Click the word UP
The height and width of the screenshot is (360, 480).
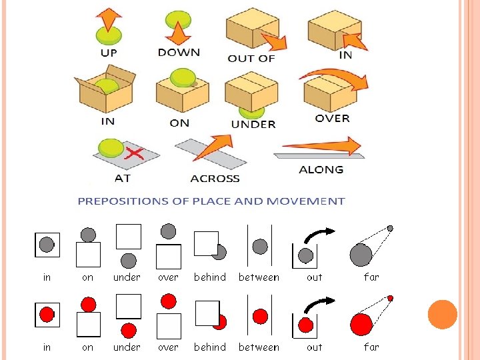pyautogui.click(x=109, y=52)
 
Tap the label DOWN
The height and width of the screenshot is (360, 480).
pyautogui.click(x=178, y=52)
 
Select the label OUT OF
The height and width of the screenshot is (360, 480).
pyautogui.click(x=251, y=58)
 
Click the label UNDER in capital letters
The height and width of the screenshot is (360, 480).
pyautogui.click(x=253, y=124)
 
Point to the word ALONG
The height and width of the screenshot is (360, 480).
pyautogui.click(x=321, y=169)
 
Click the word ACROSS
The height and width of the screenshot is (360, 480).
pyautogui.click(x=215, y=179)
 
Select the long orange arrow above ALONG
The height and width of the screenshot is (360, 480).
pyautogui.click(x=321, y=146)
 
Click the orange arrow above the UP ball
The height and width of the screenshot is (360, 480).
pyautogui.click(x=109, y=19)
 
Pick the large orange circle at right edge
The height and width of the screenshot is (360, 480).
pyautogui.click(x=442, y=315)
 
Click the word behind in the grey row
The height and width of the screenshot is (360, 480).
pyautogui.click(x=210, y=277)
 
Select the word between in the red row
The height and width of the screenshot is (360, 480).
pyautogui.click(x=259, y=347)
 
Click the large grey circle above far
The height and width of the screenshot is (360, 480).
pyautogui.click(x=361, y=254)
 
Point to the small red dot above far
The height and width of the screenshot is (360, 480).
pyautogui.click(x=391, y=298)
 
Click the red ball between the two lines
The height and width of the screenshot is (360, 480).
pyautogui.click(x=261, y=316)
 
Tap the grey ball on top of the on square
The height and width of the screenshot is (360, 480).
pyautogui.click(x=88, y=234)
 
